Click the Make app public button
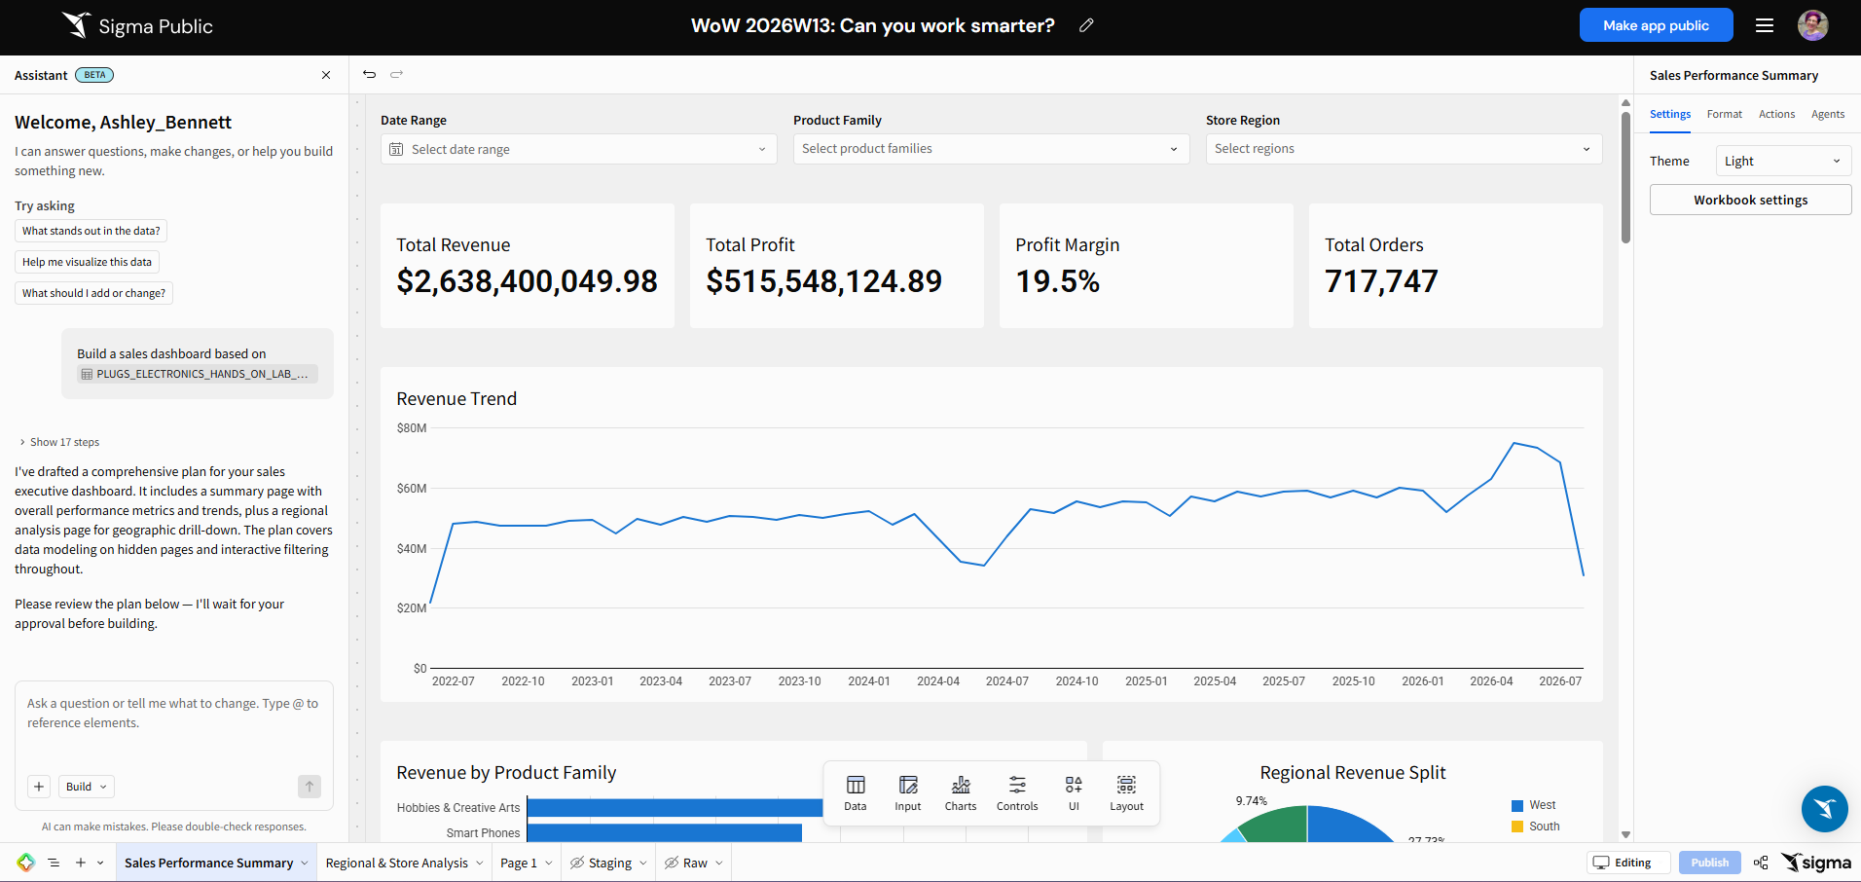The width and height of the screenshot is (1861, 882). click(x=1656, y=25)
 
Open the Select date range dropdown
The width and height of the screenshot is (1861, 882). click(x=578, y=149)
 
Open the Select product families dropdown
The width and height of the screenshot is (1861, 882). click(x=991, y=149)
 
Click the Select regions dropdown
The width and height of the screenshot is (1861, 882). click(x=1404, y=149)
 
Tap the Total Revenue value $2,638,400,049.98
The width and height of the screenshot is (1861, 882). click(x=527, y=281)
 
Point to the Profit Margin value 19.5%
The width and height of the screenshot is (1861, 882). click(x=1057, y=281)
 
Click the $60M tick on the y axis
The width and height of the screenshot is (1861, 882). click(x=412, y=489)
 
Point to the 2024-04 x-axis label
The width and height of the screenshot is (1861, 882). click(x=938, y=681)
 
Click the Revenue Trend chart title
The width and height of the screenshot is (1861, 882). click(x=456, y=399)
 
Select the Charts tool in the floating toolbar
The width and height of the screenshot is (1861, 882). click(x=961, y=792)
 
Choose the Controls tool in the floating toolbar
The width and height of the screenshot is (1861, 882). click(x=1017, y=792)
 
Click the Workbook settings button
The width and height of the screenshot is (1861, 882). click(x=1750, y=200)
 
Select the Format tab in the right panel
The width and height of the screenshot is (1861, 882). click(x=1725, y=114)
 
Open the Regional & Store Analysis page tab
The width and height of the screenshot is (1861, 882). click(x=397, y=863)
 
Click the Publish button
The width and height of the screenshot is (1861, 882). click(x=1709, y=863)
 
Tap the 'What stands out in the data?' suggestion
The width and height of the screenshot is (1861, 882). click(x=91, y=231)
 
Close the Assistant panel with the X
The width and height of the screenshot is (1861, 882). click(x=326, y=75)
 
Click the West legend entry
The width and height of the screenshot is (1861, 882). click(x=1534, y=805)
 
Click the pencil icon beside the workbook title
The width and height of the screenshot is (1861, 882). click(x=1086, y=25)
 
